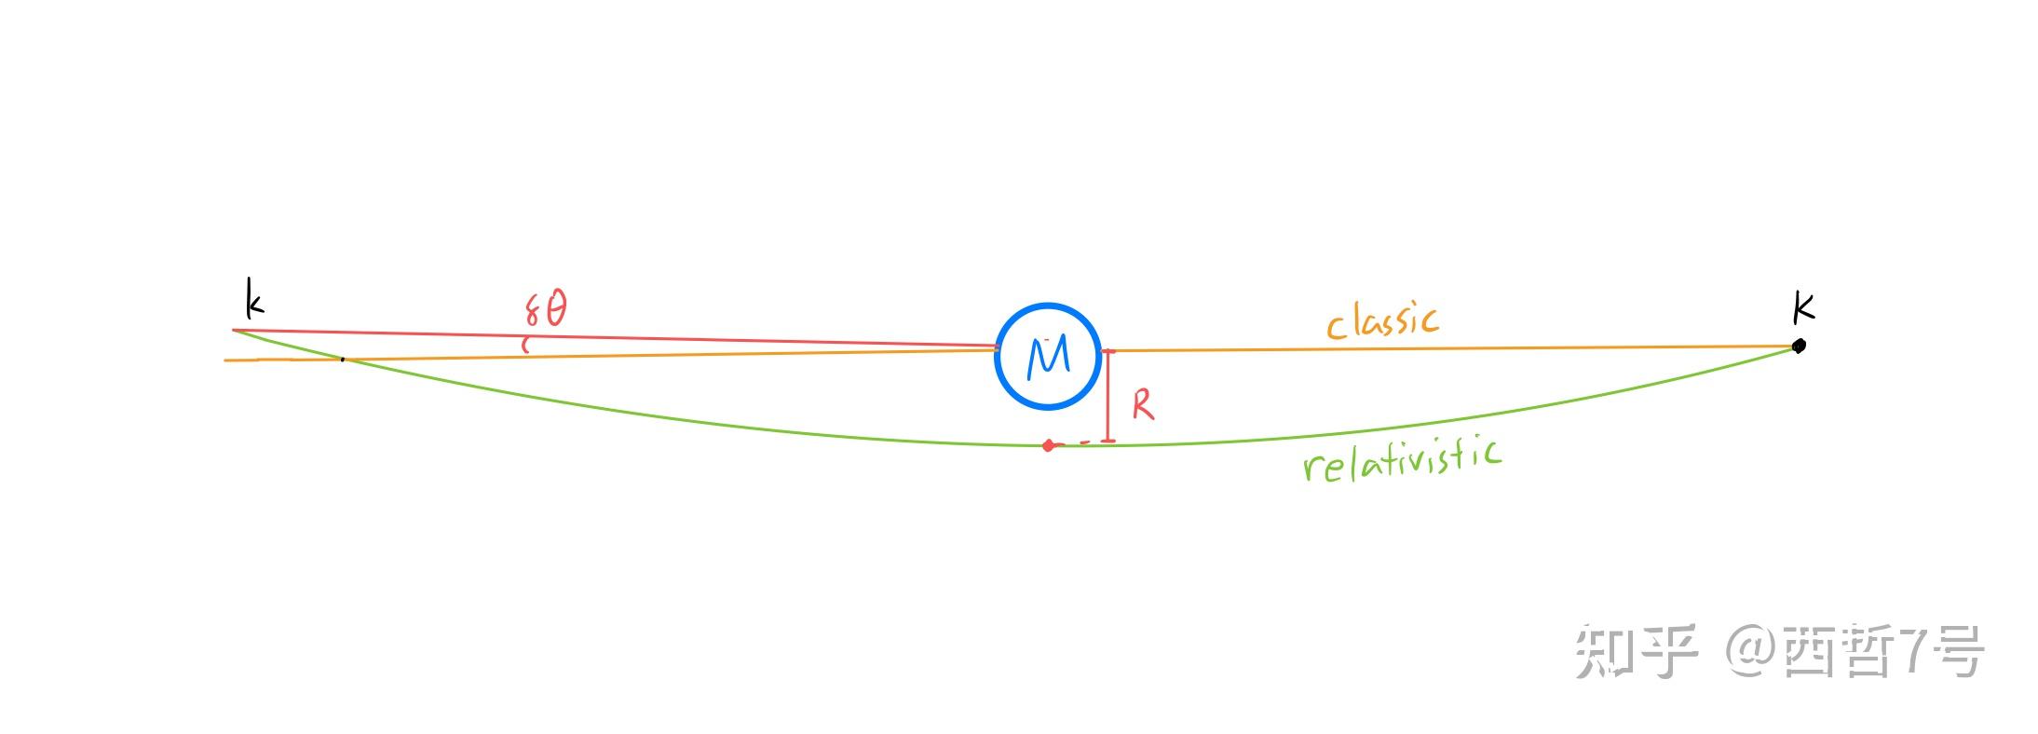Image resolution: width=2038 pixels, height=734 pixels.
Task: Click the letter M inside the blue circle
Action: pyautogui.click(x=1048, y=357)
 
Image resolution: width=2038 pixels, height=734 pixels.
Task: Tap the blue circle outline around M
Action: pyautogui.click(x=996, y=357)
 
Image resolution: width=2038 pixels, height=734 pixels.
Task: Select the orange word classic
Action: pyautogui.click(x=1382, y=320)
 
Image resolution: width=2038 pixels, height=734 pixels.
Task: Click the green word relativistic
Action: pyautogui.click(x=1402, y=459)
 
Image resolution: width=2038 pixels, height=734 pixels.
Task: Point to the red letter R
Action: pyautogui.click(x=1143, y=404)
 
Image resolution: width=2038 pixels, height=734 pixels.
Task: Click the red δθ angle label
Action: pyautogui.click(x=546, y=308)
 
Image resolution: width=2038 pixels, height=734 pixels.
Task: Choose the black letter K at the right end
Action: pyautogui.click(x=1803, y=306)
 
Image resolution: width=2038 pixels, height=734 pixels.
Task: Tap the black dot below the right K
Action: pyautogui.click(x=1799, y=346)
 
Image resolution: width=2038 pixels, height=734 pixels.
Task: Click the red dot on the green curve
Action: pyautogui.click(x=1048, y=445)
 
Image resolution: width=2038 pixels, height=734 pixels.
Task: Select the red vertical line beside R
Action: pyautogui.click(x=1108, y=396)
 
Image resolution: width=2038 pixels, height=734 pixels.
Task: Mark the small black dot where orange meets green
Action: pyautogui.click(x=343, y=359)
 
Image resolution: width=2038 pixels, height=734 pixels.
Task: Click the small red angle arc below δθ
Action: pyautogui.click(x=524, y=345)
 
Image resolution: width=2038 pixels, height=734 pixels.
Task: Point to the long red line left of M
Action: pyautogui.click(x=615, y=338)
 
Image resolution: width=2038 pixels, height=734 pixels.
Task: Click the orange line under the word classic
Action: pyautogui.click(x=1450, y=348)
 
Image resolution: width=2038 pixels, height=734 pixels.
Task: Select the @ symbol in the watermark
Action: pyautogui.click(x=1750, y=651)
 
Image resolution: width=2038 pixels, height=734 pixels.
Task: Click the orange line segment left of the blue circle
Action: pyautogui.click(x=610, y=354)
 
